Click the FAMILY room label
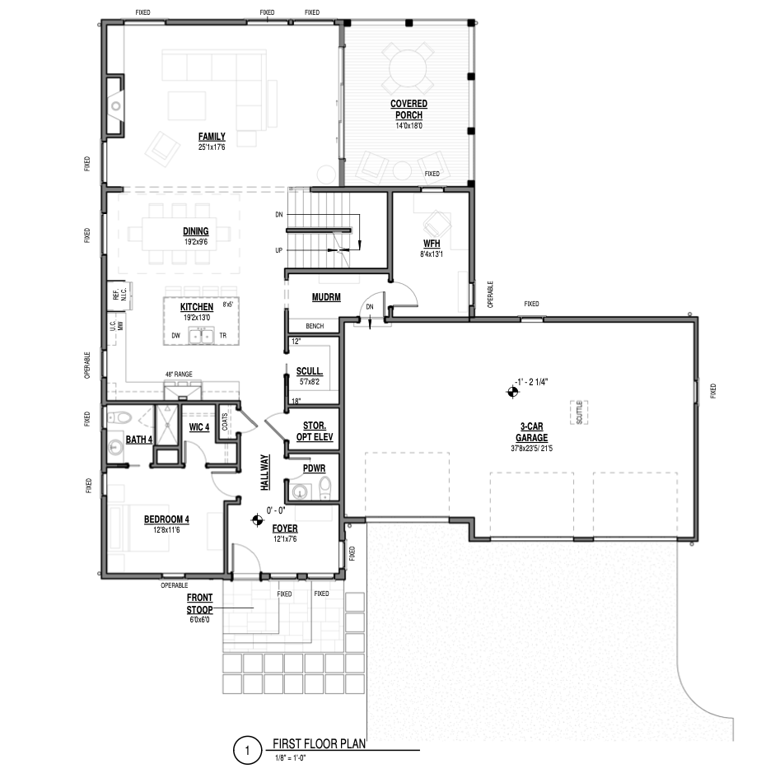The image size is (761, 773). (212, 137)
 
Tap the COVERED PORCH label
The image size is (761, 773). (409, 109)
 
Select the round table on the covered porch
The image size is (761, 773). (409, 68)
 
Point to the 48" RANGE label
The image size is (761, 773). (179, 375)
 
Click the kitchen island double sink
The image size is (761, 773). (200, 335)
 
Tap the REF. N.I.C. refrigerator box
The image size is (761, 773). (119, 296)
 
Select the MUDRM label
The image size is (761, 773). (326, 297)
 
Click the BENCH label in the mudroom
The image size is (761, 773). (315, 326)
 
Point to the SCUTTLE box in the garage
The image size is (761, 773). (579, 412)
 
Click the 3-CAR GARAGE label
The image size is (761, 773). (532, 432)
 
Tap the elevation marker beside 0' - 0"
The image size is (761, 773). (257, 519)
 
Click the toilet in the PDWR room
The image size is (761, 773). (325, 488)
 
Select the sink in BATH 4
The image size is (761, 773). (115, 448)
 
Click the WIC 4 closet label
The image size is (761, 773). (199, 427)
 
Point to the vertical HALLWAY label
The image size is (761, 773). (265, 473)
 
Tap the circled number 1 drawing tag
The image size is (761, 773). (247, 751)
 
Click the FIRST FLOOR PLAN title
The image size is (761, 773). (319, 743)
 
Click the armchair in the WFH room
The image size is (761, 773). (437, 224)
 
